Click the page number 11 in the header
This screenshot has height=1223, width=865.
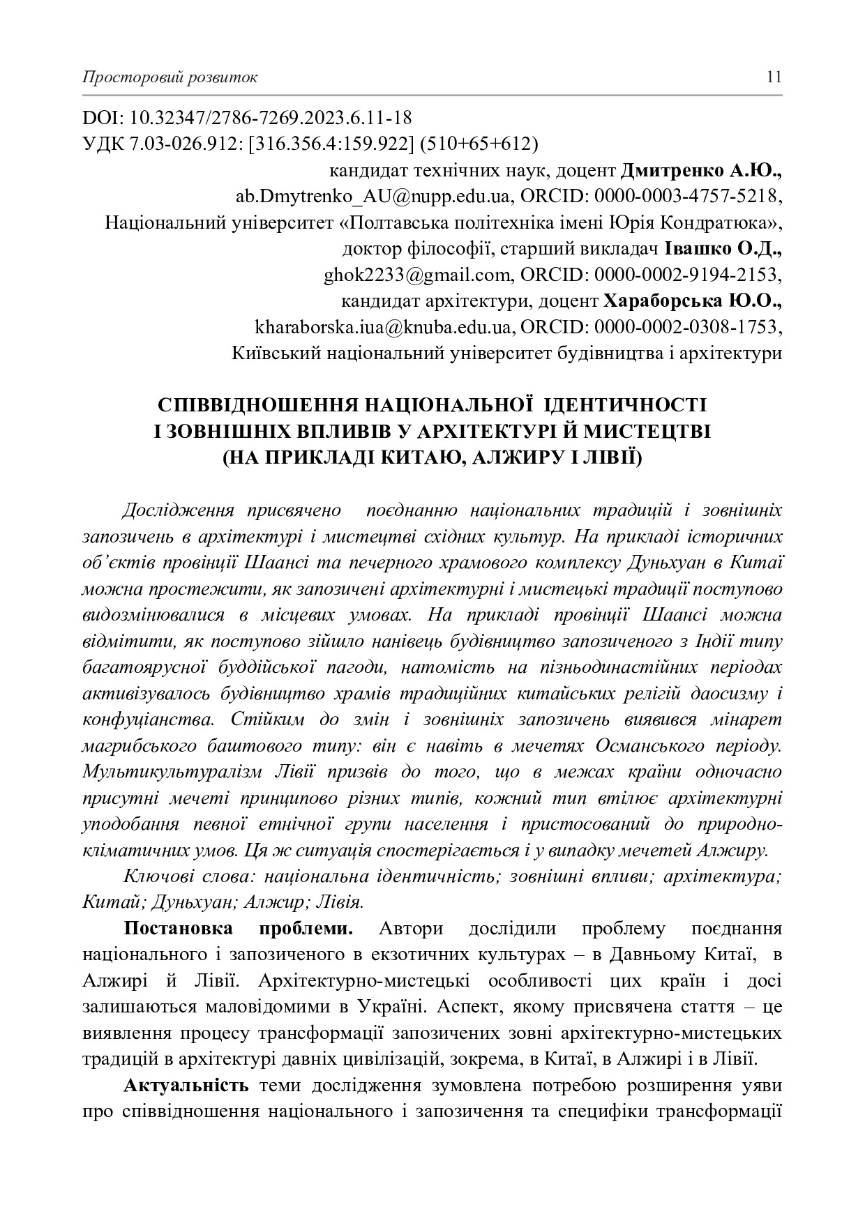pyautogui.click(x=774, y=77)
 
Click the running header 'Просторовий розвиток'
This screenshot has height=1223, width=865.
pyautogui.click(x=170, y=77)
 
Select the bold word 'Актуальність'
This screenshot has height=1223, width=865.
pyautogui.click(x=186, y=1086)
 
